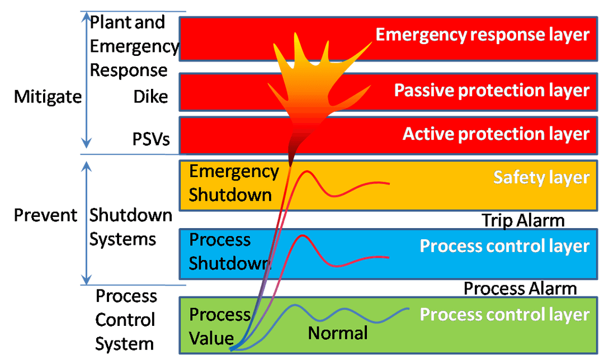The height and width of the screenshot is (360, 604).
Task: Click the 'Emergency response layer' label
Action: [x=482, y=35]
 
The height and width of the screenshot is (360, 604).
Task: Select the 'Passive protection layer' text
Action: [x=492, y=91]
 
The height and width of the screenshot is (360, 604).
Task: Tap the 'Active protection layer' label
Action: [x=496, y=134]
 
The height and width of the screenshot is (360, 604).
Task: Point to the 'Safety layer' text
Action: [x=541, y=177]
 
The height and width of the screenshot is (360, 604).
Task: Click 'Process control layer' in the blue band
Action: [x=504, y=246]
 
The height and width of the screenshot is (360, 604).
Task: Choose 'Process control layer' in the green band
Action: [x=504, y=315]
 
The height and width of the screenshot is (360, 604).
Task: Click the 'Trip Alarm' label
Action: [x=523, y=221]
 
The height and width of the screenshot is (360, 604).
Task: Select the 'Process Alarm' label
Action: [x=520, y=288]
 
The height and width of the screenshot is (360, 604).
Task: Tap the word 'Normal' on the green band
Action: [x=338, y=334]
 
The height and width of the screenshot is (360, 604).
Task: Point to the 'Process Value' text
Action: [x=219, y=326]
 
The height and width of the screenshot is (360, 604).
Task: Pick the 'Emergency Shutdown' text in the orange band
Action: [x=233, y=183]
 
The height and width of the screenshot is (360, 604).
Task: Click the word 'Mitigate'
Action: [x=48, y=97]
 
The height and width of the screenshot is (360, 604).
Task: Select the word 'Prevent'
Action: [x=45, y=215]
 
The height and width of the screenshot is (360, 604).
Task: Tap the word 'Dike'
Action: [x=150, y=97]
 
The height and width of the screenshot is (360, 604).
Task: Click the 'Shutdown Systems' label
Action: [x=130, y=227]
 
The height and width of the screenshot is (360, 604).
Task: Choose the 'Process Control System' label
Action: [x=125, y=320]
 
